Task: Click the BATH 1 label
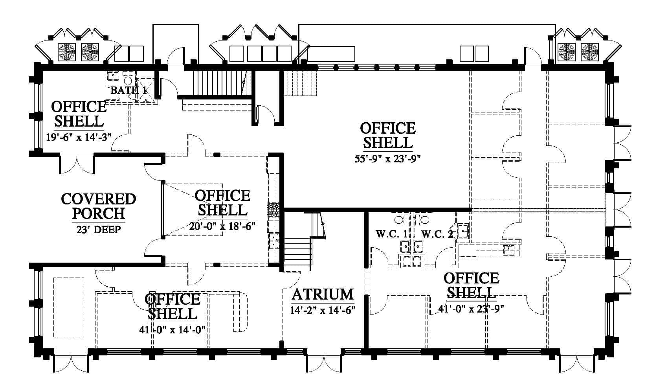[129, 90]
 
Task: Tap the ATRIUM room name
[323, 294]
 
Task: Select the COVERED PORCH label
[98, 206]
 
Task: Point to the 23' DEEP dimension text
[98, 230]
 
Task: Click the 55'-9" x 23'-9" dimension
[387, 158]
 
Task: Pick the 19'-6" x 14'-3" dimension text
[79, 137]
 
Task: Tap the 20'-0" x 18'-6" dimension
[222, 226]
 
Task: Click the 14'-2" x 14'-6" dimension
[323, 310]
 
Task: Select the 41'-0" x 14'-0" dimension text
[172, 329]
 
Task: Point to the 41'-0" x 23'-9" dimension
[471, 309]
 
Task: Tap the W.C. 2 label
[437, 234]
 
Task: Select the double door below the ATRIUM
[324, 363]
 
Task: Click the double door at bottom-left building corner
[71, 363]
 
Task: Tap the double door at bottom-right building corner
[577, 363]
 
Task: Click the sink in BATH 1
[113, 76]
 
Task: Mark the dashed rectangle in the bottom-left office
[69, 307]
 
